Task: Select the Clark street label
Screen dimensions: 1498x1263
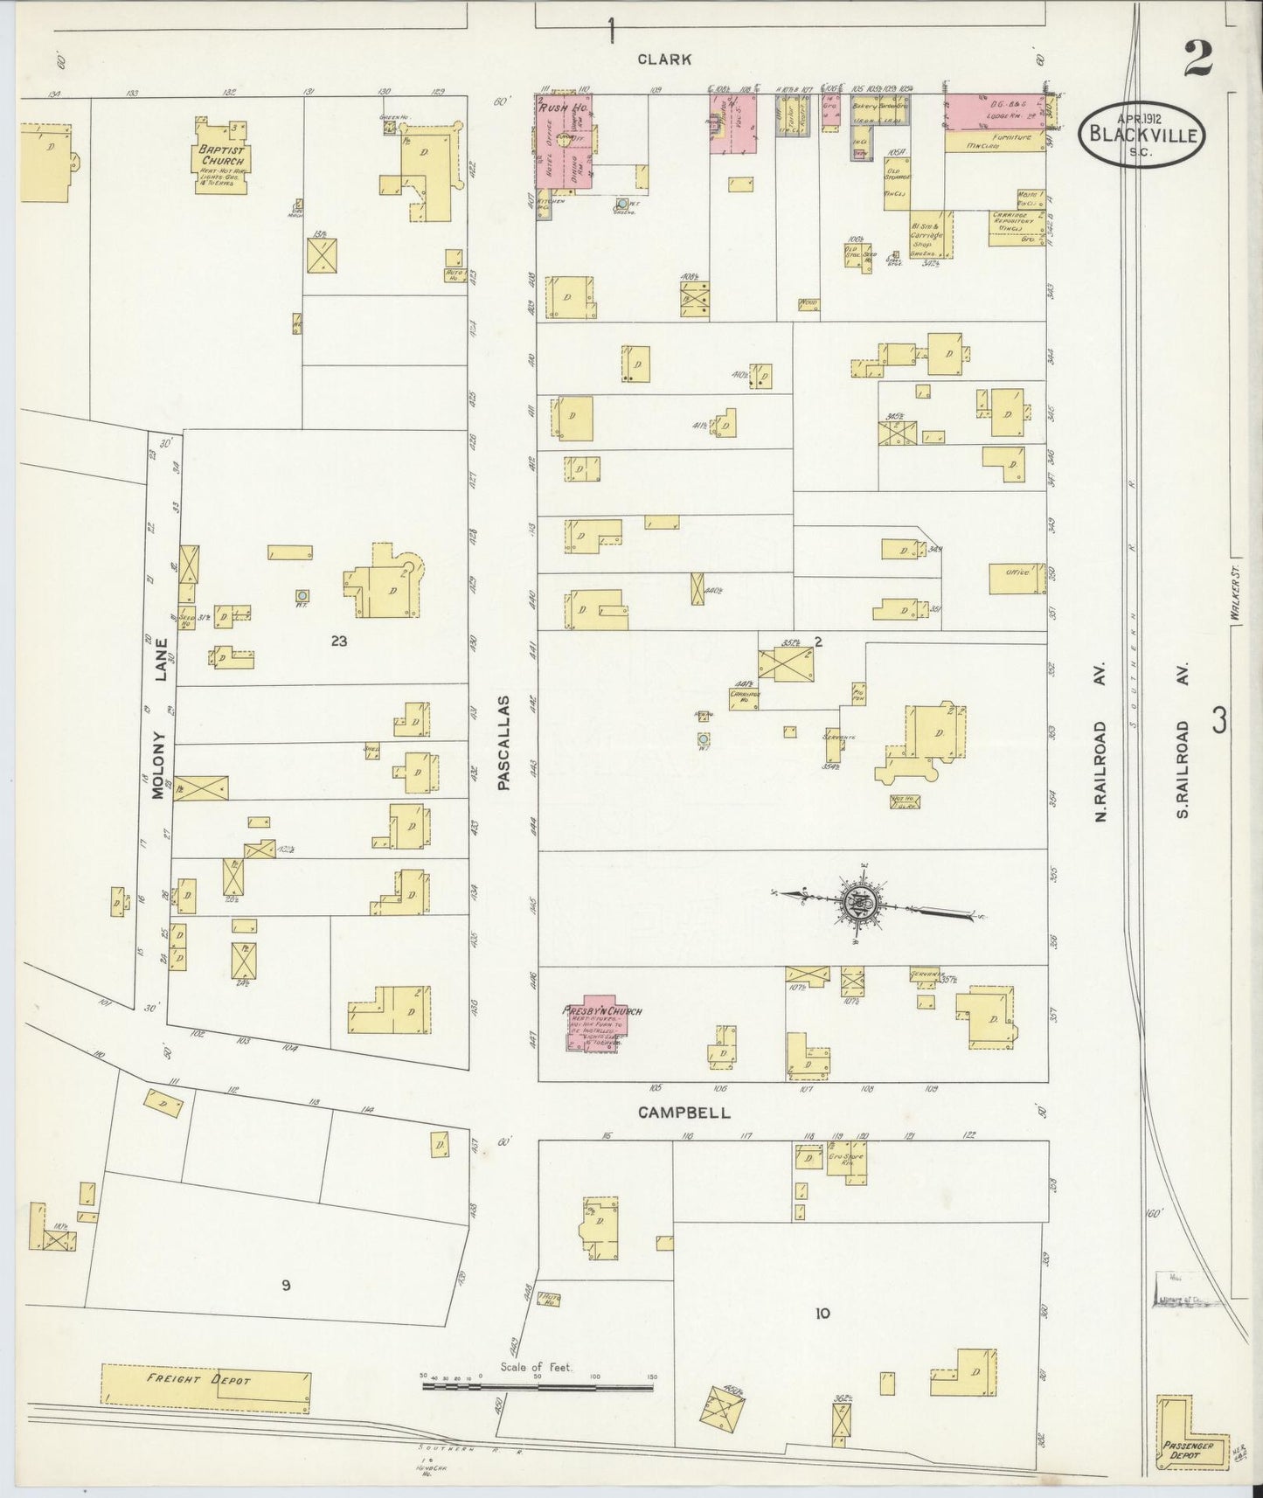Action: click(664, 59)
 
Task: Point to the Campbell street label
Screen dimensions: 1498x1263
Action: click(684, 1113)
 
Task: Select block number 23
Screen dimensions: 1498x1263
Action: click(339, 641)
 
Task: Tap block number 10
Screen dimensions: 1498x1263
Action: click(822, 1313)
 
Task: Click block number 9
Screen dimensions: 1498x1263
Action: click(285, 1285)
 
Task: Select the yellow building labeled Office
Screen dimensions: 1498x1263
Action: click(1017, 578)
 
